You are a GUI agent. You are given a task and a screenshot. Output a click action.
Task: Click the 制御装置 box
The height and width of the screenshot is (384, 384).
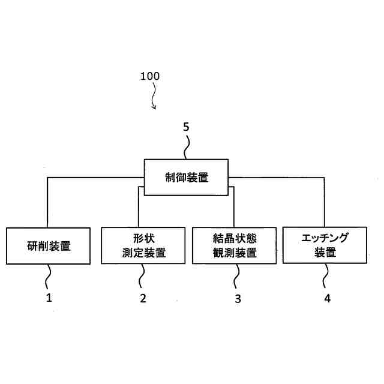coord(187,177)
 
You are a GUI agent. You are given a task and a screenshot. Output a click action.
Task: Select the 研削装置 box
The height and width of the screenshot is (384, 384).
coord(49,245)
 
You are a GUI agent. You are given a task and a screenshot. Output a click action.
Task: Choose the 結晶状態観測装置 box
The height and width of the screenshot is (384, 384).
coord(235,245)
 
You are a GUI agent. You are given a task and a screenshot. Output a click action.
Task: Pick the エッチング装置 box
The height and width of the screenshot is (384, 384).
coord(325,245)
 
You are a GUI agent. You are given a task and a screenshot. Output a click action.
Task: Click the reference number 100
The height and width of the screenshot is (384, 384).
coord(150,76)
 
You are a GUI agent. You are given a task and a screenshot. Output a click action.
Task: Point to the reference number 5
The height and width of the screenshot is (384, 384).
coord(186,127)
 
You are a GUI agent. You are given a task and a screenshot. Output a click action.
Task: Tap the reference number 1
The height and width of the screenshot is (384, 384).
coord(50,298)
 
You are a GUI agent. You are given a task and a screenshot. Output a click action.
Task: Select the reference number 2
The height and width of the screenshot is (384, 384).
coord(143,298)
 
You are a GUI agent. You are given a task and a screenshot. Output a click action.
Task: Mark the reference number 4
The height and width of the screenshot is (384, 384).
coord(327,298)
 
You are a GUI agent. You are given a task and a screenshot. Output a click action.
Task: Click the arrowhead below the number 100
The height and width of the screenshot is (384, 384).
coord(155,107)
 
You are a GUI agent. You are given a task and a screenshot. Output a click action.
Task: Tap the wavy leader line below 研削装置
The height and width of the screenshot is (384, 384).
coord(49,277)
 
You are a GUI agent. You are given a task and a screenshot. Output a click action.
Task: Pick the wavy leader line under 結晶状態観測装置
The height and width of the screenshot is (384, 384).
coord(236,277)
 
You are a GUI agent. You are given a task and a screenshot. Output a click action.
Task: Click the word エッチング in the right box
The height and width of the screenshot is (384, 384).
coord(325,237)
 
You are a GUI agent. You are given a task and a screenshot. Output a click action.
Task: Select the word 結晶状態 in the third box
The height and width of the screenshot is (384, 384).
coord(235,237)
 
